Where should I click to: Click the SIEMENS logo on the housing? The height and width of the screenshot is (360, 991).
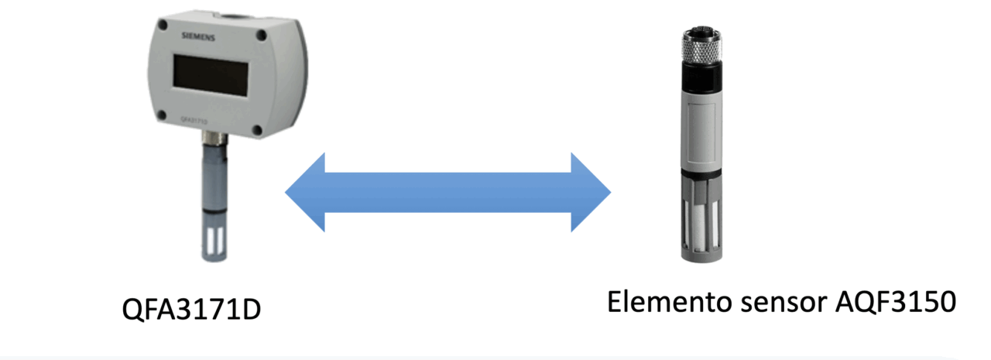coord(198,36)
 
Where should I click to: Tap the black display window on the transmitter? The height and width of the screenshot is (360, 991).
coord(211,75)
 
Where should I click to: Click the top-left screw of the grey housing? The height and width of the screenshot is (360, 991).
coord(163,26)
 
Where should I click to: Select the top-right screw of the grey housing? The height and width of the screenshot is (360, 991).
coord(262,35)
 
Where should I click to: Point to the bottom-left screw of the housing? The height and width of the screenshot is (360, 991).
coord(162,115)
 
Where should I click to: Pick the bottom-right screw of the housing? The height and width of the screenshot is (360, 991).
coord(256,130)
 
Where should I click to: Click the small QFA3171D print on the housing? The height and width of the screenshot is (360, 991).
coord(194,120)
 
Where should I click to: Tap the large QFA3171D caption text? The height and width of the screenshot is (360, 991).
coord(191,310)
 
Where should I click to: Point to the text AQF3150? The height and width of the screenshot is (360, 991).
coord(896,303)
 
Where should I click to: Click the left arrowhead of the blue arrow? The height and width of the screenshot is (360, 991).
coord(305,192)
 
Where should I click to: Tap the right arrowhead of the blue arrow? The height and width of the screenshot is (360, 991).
coord(591,192)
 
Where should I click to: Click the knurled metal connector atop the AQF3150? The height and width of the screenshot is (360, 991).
coord(702,46)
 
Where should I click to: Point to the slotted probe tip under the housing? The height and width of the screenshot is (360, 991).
coord(214,238)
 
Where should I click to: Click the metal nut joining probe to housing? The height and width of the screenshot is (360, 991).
coord(215,139)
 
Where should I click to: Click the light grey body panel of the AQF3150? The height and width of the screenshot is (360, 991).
coord(702,132)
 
